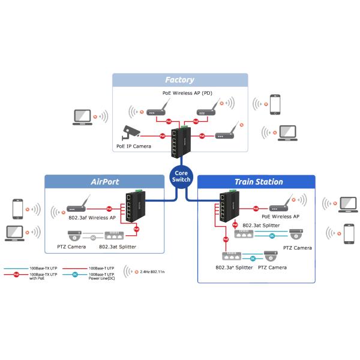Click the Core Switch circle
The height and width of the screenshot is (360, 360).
tap(181, 176)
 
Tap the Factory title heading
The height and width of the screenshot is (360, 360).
tap(180, 80)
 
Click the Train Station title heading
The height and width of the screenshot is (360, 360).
tap(259, 181)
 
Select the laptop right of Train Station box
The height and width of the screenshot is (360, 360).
tap(347, 205)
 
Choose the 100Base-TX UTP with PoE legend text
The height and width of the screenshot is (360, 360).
tap(44, 276)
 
